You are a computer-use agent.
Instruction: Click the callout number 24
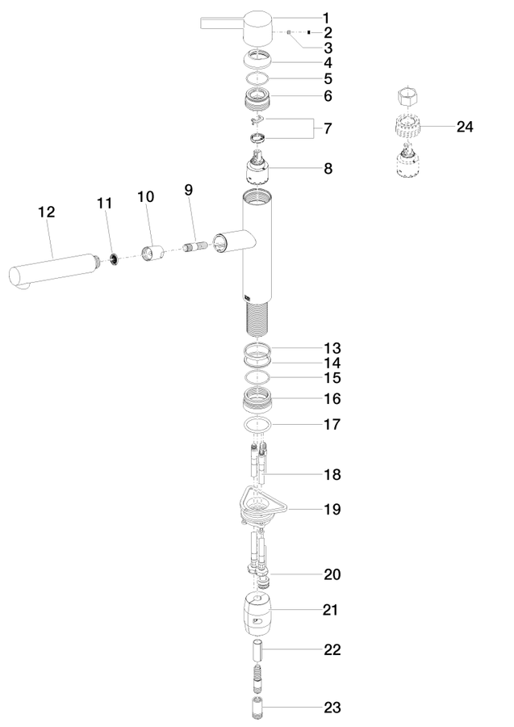click(465, 127)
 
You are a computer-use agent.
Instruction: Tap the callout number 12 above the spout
click(46, 212)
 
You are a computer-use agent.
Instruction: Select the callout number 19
click(332, 509)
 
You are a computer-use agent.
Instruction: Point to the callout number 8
click(328, 168)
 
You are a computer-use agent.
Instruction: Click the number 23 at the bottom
click(332, 708)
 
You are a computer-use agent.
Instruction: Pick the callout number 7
click(328, 128)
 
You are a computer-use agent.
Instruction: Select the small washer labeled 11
click(114, 259)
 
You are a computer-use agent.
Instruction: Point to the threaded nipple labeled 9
click(195, 246)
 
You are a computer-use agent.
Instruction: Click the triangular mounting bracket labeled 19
click(261, 506)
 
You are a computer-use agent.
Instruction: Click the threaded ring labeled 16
click(257, 400)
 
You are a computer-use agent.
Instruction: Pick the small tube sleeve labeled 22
click(257, 649)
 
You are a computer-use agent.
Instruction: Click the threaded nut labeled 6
click(257, 99)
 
